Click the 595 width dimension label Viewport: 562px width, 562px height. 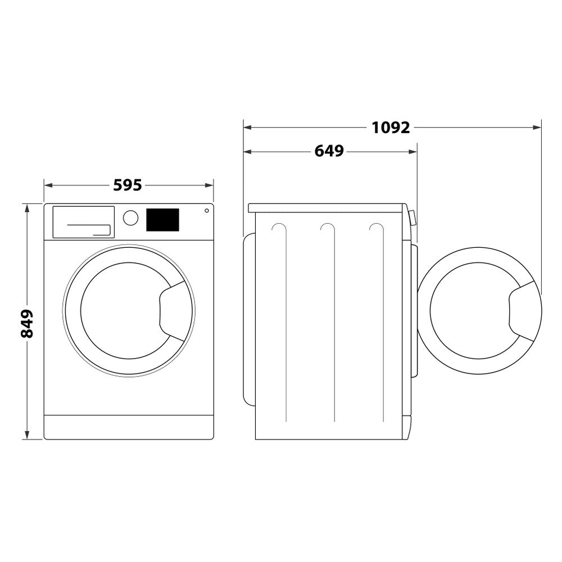click(128, 185)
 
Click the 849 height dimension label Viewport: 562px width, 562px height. click(26, 323)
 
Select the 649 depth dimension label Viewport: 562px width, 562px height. click(329, 151)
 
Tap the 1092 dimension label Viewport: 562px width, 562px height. click(391, 128)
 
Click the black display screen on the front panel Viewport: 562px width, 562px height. click(162, 220)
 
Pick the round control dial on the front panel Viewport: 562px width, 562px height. click(130, 218)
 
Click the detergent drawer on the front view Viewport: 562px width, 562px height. click(83, 221)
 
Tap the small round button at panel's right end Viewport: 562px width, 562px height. click(207, 211)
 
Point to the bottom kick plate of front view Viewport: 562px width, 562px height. click(129, 427)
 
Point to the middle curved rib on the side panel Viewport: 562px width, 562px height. click(332, 320)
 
